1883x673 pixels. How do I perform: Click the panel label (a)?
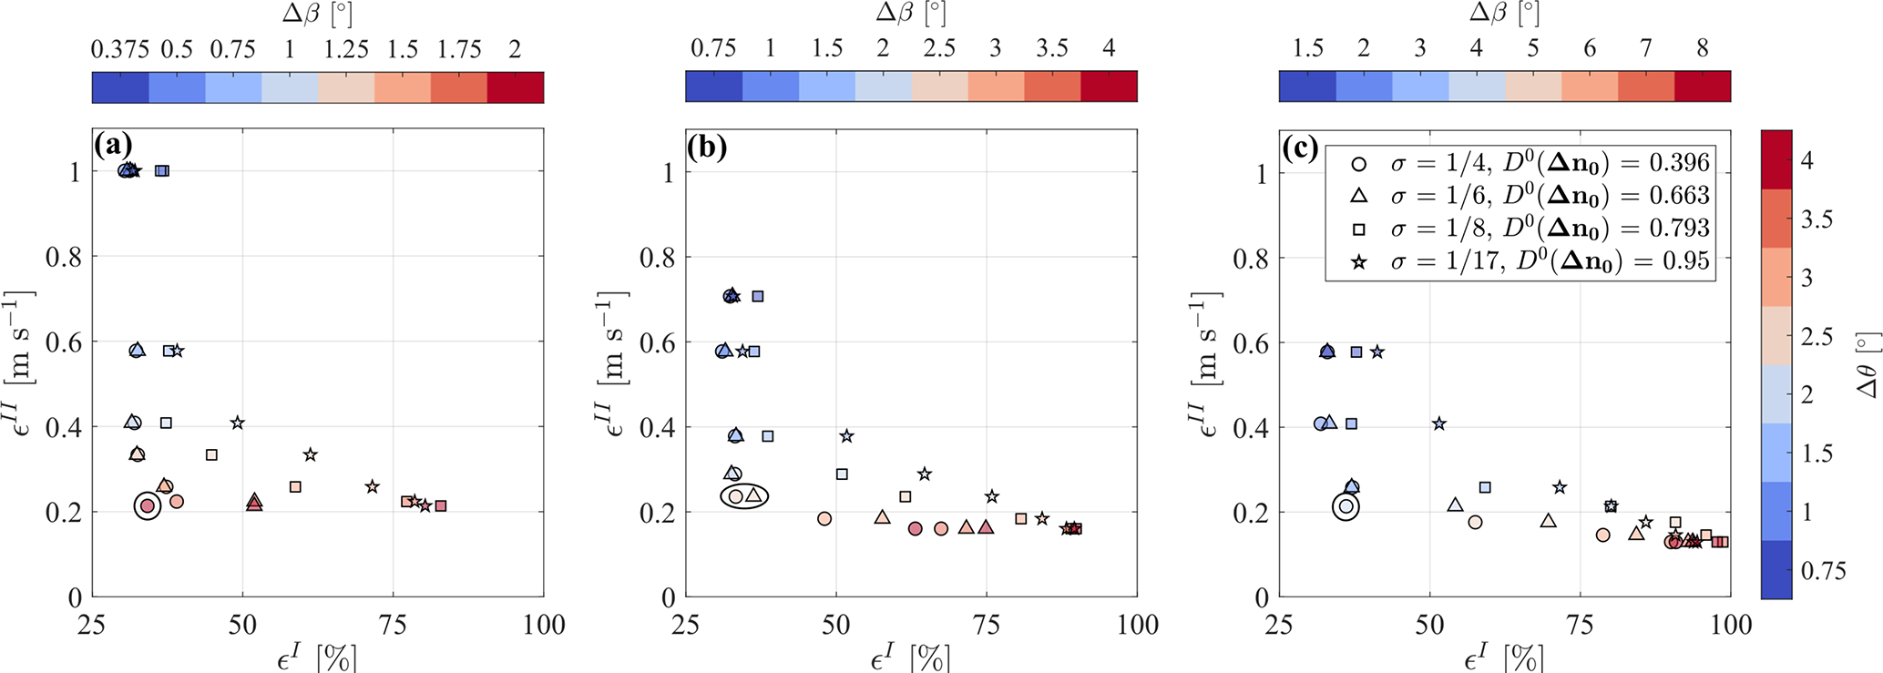tap(113, 146)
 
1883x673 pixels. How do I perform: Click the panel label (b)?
tap(707, 146)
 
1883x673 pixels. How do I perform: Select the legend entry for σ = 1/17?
tap(1530, 262)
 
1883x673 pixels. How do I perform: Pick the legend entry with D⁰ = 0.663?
tap(1530, 196)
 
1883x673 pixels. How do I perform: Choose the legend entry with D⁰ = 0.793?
tap(1530, 229)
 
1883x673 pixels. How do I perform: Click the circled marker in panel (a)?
tap(148, 506)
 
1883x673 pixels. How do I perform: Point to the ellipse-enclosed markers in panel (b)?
tap(744, 496)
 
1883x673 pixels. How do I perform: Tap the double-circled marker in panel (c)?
tap(1346, 506)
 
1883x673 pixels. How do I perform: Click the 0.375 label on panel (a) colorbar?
tap(119, 49)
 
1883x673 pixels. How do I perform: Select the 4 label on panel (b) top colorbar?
tap(1109, 49)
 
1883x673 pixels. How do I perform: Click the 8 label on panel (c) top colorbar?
tap(1703, 49)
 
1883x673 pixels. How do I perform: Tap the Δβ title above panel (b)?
tap(910, 13)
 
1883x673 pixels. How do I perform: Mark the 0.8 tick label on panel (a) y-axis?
tap(63, 257)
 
